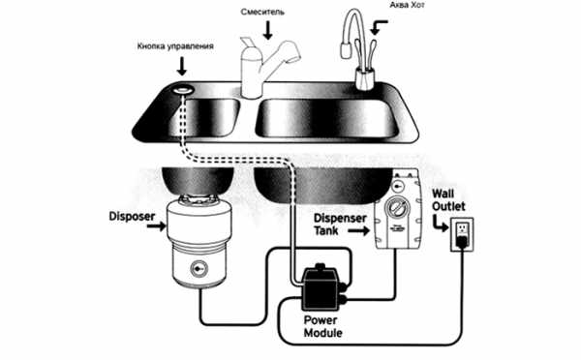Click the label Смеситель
[262, 12]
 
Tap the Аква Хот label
[407, 5]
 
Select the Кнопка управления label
[175, 46]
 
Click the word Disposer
[132, 217]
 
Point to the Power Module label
[322, 326]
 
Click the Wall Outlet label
[448, 200]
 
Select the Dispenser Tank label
[340, 225]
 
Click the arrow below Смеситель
[267, 30]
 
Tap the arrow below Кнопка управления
[182, 66]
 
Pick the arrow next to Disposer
[156, 225]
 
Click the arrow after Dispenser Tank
[359, 231]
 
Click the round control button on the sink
[183, 90]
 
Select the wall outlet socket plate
[462, 235]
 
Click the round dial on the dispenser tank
[397, 208]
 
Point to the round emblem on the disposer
[199, 267]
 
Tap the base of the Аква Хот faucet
[365, 78]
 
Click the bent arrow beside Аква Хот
[378, 27]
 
